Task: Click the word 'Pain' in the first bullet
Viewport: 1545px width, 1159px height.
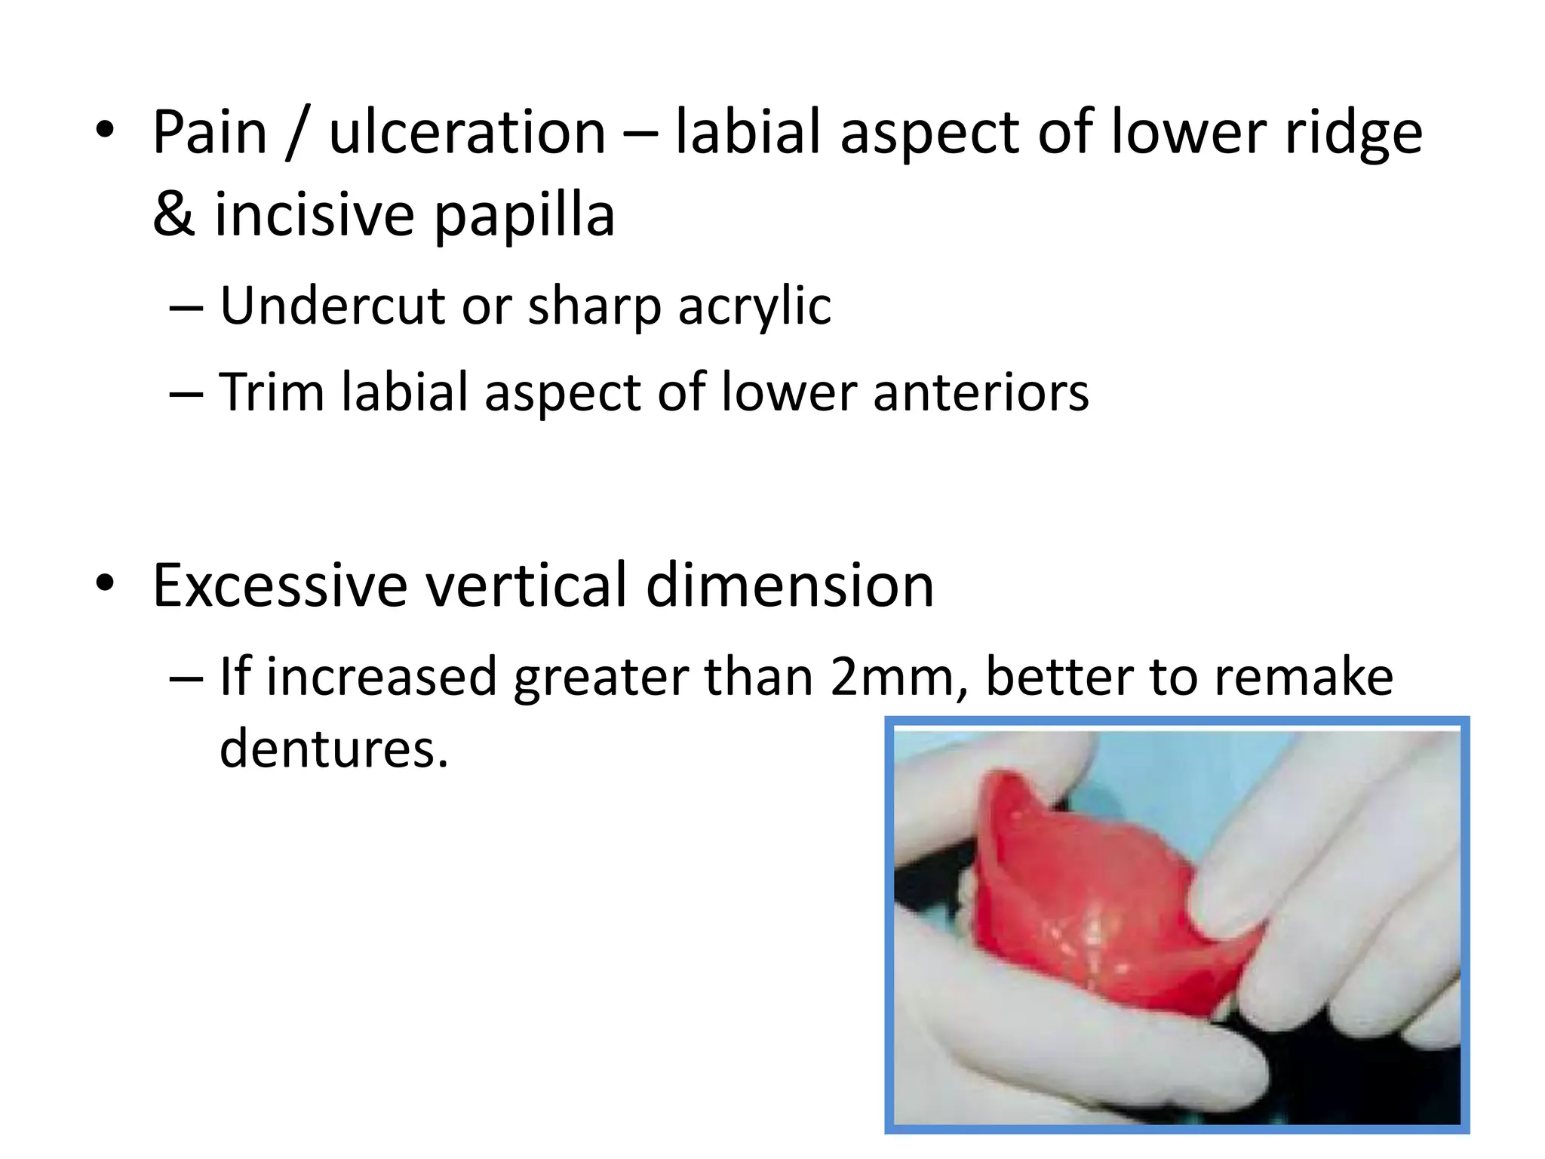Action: click(210, 133)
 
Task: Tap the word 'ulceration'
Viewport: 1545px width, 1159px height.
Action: click(467, 133)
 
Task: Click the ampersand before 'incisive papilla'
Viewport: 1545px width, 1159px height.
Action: click(174, 214)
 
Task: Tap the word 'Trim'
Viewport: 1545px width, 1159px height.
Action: click(272, 392)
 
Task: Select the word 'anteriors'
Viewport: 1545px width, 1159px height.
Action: click(981, 392)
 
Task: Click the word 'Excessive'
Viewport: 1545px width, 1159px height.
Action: click(280, 586)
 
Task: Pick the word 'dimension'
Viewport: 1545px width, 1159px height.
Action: click(790, 586)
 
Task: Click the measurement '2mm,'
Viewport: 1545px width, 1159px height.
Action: click(898, 676)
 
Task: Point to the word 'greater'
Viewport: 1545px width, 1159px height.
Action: click(600, 678)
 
